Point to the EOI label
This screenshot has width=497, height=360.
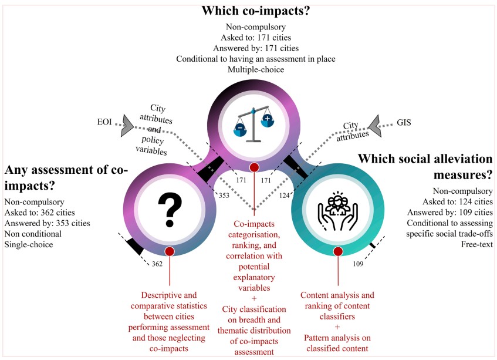(x=106, y=124)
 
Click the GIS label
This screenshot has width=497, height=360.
(x=404, y=124)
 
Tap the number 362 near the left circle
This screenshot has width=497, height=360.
(x=157, y=264)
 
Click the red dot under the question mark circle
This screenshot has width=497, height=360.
(x=170, y=251)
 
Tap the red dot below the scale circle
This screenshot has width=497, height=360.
(x=254, y=168)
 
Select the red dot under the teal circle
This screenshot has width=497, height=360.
(x=338, y=251)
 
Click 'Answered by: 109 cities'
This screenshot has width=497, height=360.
(x=450, y=212)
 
